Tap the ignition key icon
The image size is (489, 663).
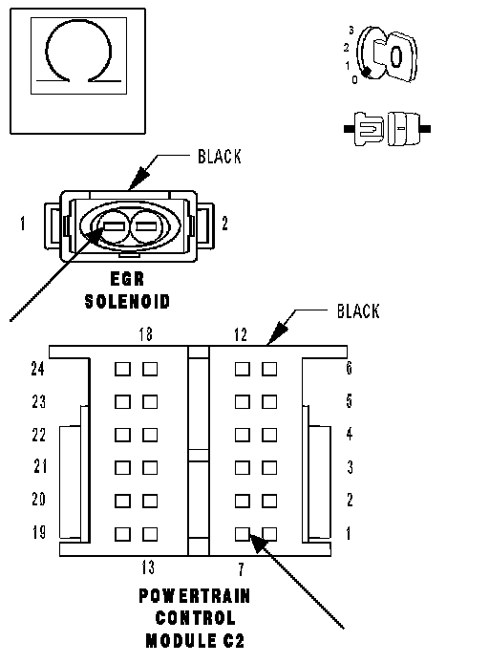(x=387, y=54)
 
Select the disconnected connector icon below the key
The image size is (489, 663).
(x=387, y=129)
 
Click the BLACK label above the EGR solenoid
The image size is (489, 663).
(x=220, y=157)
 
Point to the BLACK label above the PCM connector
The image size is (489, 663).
(x=358, y=311)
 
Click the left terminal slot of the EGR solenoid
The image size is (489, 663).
(x=114, y=227)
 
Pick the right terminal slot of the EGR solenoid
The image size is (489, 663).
(x=146, y=227)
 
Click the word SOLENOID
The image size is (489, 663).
(x=127, y=302)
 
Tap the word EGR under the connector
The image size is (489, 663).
(x=127, y=279)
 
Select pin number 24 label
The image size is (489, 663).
(x=37, y=369)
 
